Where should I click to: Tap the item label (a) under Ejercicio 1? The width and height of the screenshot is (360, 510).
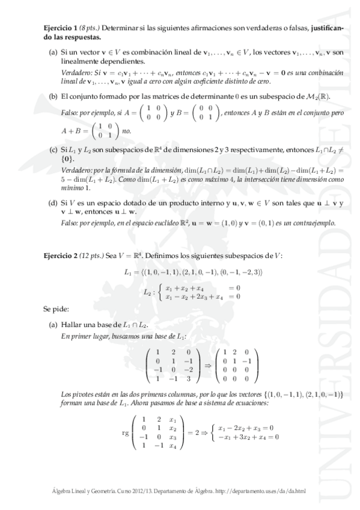click(x=53, y=53)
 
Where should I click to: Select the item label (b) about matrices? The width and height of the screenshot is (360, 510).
click(x=53, y=96)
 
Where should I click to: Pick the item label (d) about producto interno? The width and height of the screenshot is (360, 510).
click(x=53, y=203)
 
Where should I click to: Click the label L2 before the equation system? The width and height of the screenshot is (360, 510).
click(x=147, y=292)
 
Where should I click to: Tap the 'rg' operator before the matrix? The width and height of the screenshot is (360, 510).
click(x=126, y=431)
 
